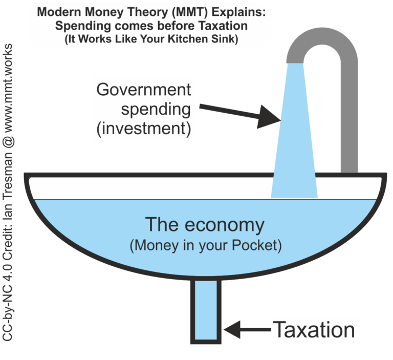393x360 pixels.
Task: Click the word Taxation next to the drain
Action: (x=314, y=330)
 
